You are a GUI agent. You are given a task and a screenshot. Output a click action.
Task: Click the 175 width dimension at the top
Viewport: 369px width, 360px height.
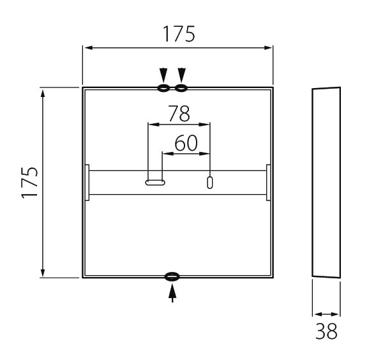pyautogui.click(x=179, y=34)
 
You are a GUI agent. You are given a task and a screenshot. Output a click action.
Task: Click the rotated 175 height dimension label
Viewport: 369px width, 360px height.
pyautogui.click(x=29, y=183)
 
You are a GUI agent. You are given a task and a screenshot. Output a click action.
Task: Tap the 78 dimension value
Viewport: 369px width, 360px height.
pyautogui.click(x=179, y=114)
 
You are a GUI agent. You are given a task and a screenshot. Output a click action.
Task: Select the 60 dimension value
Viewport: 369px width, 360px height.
pyautogui.click(x=186, y=143)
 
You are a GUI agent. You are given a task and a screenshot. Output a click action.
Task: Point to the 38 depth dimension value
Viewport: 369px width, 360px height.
pyautogui.click(x=326, y=331)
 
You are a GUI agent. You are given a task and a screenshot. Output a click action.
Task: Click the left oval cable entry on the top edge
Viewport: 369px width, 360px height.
pyautogui.click(x=163, y=88)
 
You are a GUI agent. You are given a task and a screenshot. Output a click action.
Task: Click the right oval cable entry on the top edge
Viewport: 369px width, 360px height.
pyautogui.click(x=181, y=88)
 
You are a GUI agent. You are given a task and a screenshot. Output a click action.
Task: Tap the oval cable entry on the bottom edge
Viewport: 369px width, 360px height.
pyautogui.click(x=172, y=276)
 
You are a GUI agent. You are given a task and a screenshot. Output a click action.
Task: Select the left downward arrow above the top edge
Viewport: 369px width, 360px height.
pyautogui.click(x=163, y=75)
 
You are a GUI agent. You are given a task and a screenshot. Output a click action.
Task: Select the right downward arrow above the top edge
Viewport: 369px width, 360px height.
pyautogui.click(x=182, y=75)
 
